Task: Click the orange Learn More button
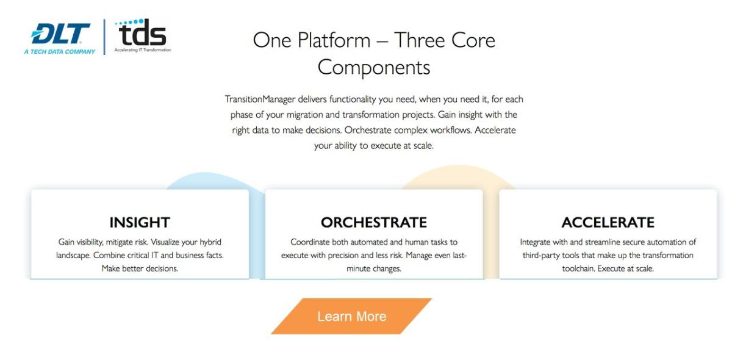[x=351, y=316]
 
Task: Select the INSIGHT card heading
[x=140, y=222]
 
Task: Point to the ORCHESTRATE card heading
[x=374, y=222]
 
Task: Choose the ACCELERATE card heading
[x=608, y=222]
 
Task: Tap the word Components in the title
[x=374, y=67]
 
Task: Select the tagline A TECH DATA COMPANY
[x=60, y=52]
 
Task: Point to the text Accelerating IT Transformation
[x=143, y=50]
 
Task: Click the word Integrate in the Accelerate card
[x=537, y=242]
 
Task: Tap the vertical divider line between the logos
[x=104, y=37]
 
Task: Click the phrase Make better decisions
[x=140, y=268]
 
